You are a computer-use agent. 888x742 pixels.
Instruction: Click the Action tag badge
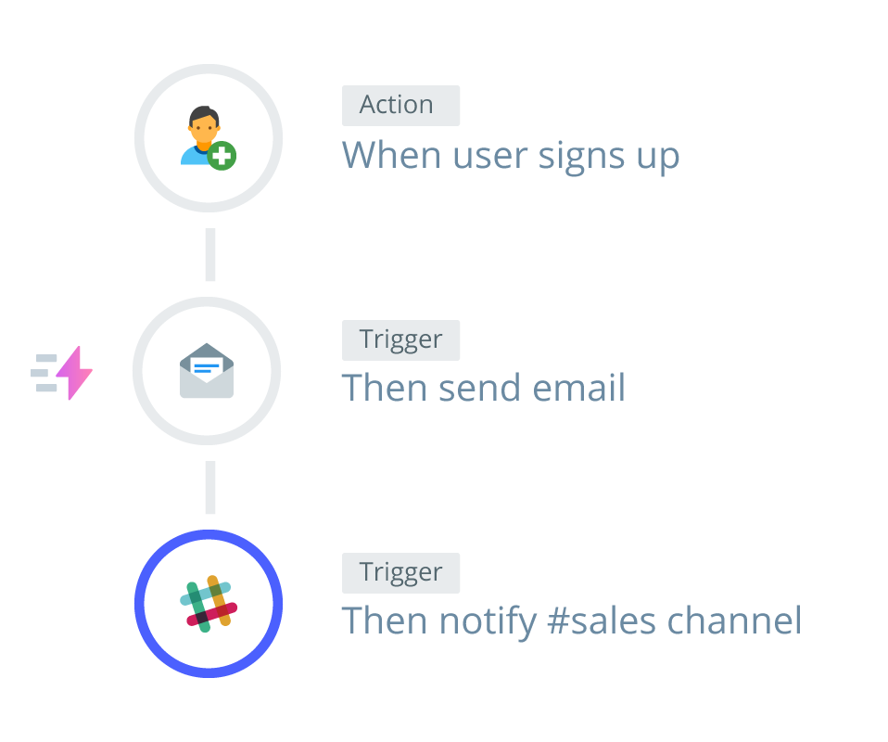tap(400, 106)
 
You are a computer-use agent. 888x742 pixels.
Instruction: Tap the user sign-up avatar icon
tap(205, 136)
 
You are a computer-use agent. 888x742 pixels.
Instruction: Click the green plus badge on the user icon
tap(222, 156)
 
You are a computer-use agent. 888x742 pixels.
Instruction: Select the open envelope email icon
tap(207, 371)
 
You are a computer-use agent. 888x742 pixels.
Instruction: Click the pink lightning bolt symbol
tap(75, 373)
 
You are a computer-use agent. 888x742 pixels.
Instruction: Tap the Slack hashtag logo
tap(209, 604)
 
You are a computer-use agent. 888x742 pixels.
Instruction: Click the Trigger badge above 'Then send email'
tap(400, 339)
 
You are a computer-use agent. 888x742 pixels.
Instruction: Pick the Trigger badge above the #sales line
tap(400, 572)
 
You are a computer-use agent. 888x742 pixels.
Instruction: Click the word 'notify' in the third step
tap(487, 620)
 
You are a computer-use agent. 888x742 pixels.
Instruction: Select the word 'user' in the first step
tap(483, 156)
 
